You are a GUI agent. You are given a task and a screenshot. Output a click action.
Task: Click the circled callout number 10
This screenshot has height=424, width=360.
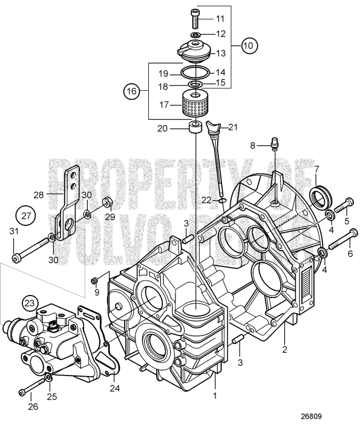click(249, 45)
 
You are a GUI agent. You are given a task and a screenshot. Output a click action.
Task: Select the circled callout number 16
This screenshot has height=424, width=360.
click(132, 91)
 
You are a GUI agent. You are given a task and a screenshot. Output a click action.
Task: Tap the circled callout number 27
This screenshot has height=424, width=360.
click(25, 216)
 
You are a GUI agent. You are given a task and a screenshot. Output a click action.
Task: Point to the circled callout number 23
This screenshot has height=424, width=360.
click(30, 302)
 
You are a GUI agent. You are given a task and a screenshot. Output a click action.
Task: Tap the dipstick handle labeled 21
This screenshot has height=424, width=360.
click(211, 128)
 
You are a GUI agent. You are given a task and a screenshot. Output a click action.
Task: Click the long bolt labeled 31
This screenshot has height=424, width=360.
click(30, 250)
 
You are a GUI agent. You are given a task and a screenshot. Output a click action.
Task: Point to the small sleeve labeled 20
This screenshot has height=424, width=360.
click(195, 128)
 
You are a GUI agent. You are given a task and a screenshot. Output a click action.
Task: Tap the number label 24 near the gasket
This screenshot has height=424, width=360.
click(114, 388)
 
